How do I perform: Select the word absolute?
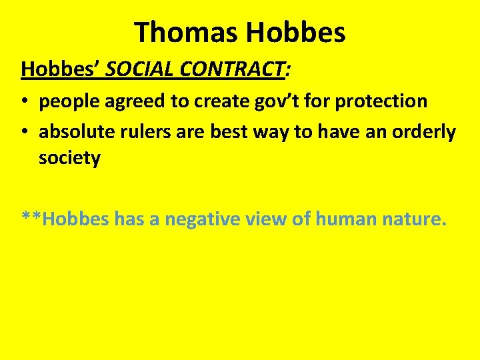pos(74,132)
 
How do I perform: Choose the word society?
pos(69,159)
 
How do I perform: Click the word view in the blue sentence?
pos(268,218)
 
